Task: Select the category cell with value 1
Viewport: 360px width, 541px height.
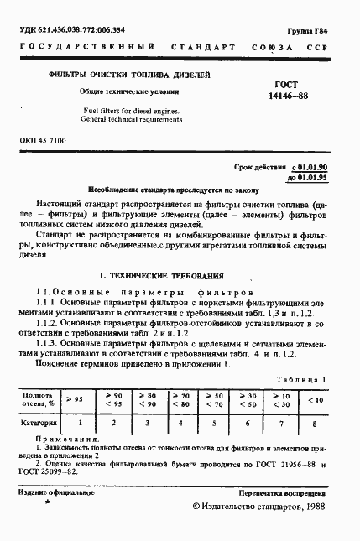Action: point(76,424)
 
